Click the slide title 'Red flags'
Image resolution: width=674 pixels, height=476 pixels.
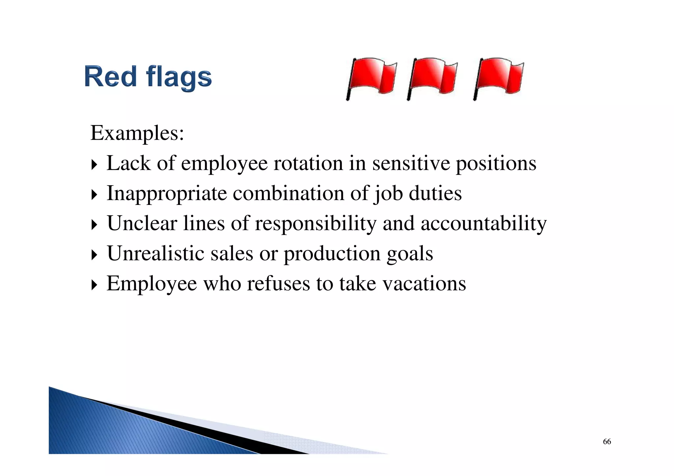point(148,77)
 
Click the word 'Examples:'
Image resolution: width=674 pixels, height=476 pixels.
point(137,133)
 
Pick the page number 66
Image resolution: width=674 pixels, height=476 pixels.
point(607,441)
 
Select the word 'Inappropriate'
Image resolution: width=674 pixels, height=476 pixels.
point(167,193)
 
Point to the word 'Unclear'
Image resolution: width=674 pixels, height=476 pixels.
point(142,223)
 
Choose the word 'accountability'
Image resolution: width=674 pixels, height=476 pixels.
point(483,224)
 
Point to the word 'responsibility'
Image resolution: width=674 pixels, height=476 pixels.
point(316,224)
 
